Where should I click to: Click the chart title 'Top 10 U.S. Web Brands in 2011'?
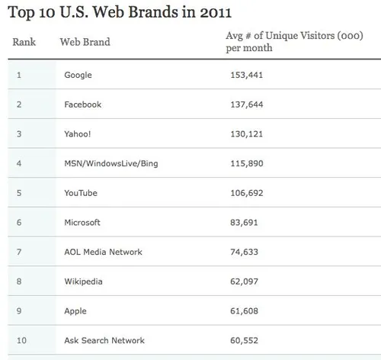tap(120, 13)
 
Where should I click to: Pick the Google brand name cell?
tap(80, 75)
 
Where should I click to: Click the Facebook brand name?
tap(83, 104)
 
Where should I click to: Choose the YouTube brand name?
tap(82, 193)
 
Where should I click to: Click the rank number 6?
tap(19, 223)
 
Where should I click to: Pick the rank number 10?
tap(21, 340)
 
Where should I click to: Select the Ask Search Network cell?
tap(105, 340)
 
